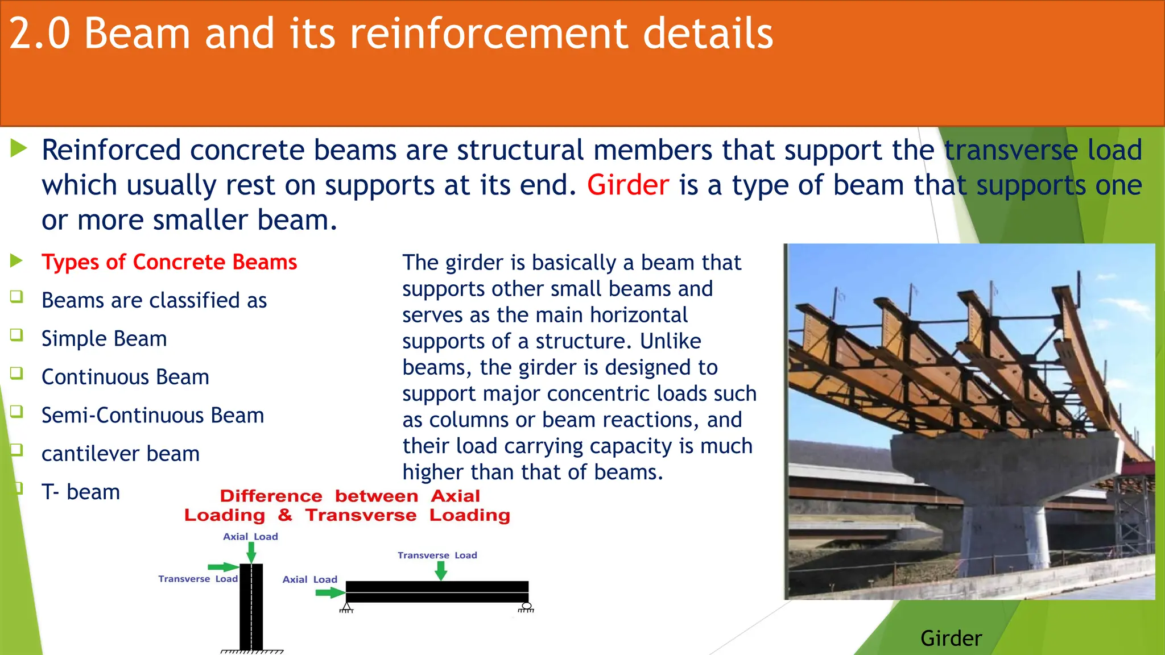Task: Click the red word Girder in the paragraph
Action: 627,185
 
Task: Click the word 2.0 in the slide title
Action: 39,34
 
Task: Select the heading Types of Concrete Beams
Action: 169,262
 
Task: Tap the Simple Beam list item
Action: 104,339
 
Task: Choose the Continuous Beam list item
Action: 125,377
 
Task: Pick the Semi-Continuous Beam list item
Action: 152,416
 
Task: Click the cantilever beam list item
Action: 121,454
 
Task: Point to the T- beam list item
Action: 81,492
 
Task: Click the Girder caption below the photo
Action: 951,638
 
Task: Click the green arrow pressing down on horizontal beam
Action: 440,570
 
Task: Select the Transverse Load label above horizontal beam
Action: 437,555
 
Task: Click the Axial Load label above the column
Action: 250,537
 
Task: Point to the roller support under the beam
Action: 526,607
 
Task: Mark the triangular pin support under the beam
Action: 346,607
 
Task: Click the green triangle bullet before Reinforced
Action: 19,149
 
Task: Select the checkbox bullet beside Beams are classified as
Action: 16,296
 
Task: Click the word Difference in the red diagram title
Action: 271,496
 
